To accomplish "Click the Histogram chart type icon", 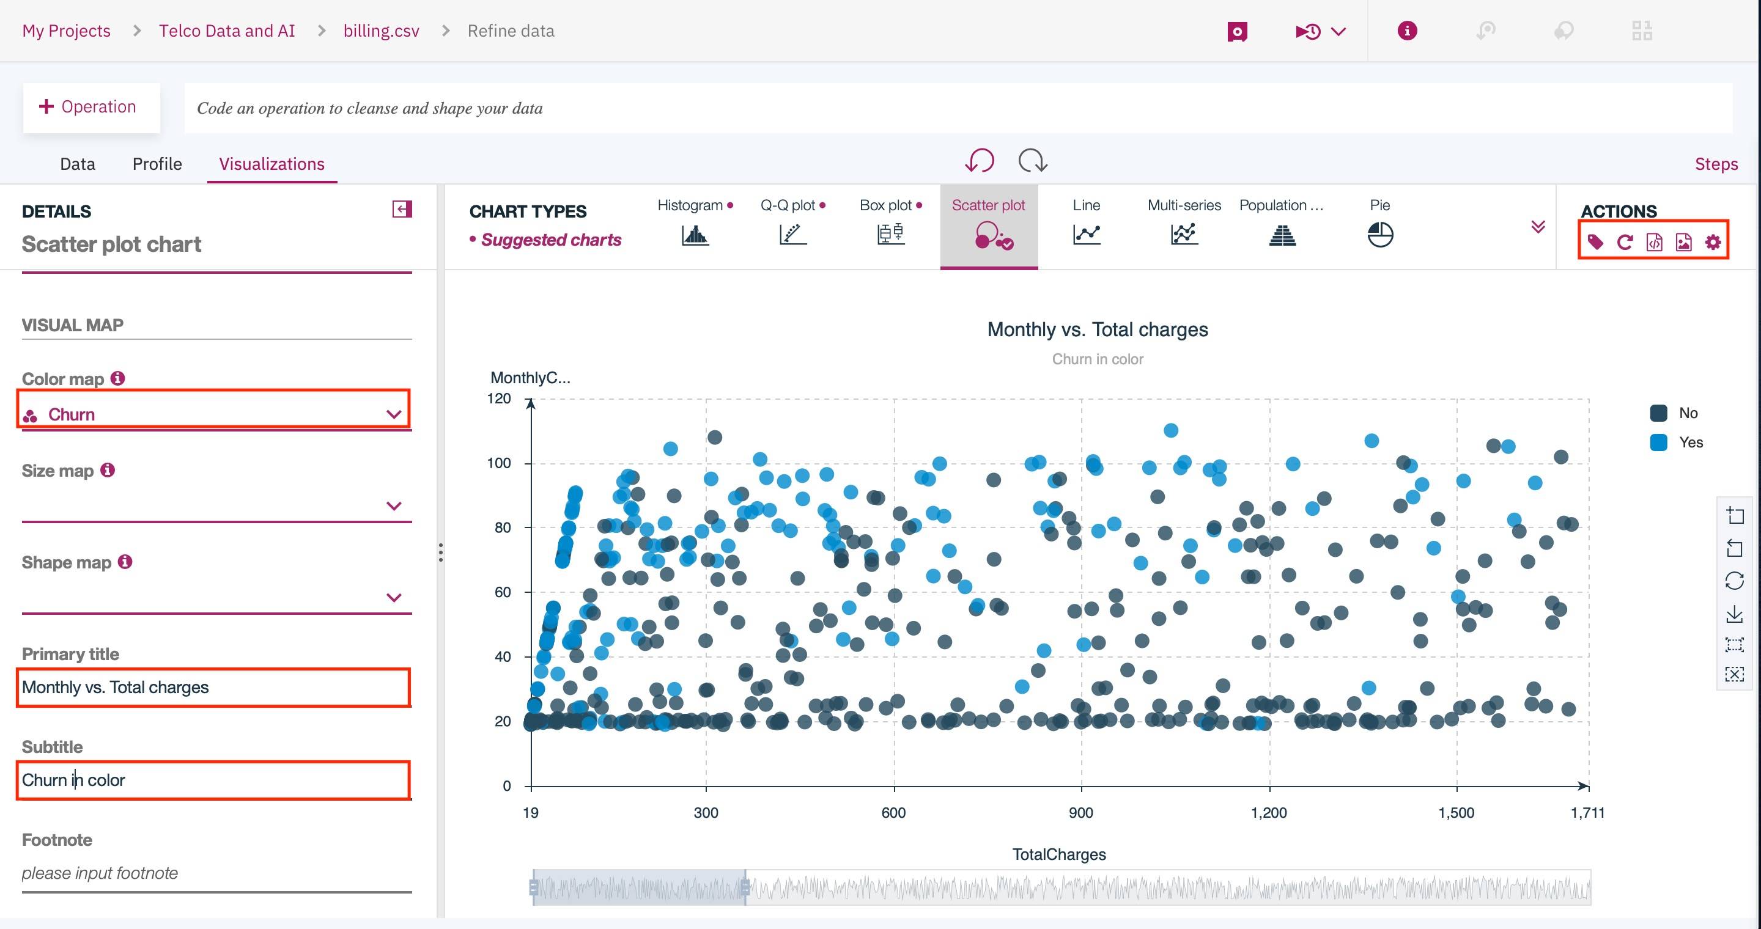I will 695,234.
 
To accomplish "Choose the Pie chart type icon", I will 1379,234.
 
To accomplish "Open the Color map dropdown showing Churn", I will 213,414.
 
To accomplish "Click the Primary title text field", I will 213,687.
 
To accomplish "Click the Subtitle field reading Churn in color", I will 213,780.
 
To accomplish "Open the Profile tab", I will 157,164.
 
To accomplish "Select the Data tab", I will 77,164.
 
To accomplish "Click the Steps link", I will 1716,164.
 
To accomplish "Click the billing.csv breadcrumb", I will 381,31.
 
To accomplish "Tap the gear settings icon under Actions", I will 1713,242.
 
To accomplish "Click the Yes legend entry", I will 1690,442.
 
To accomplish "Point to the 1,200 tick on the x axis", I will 1269,813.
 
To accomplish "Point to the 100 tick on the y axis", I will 499,463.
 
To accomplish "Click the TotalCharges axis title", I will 1058,854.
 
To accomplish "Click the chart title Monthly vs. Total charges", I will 1097,329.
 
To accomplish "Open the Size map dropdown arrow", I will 394,506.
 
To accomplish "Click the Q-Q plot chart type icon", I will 792,234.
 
